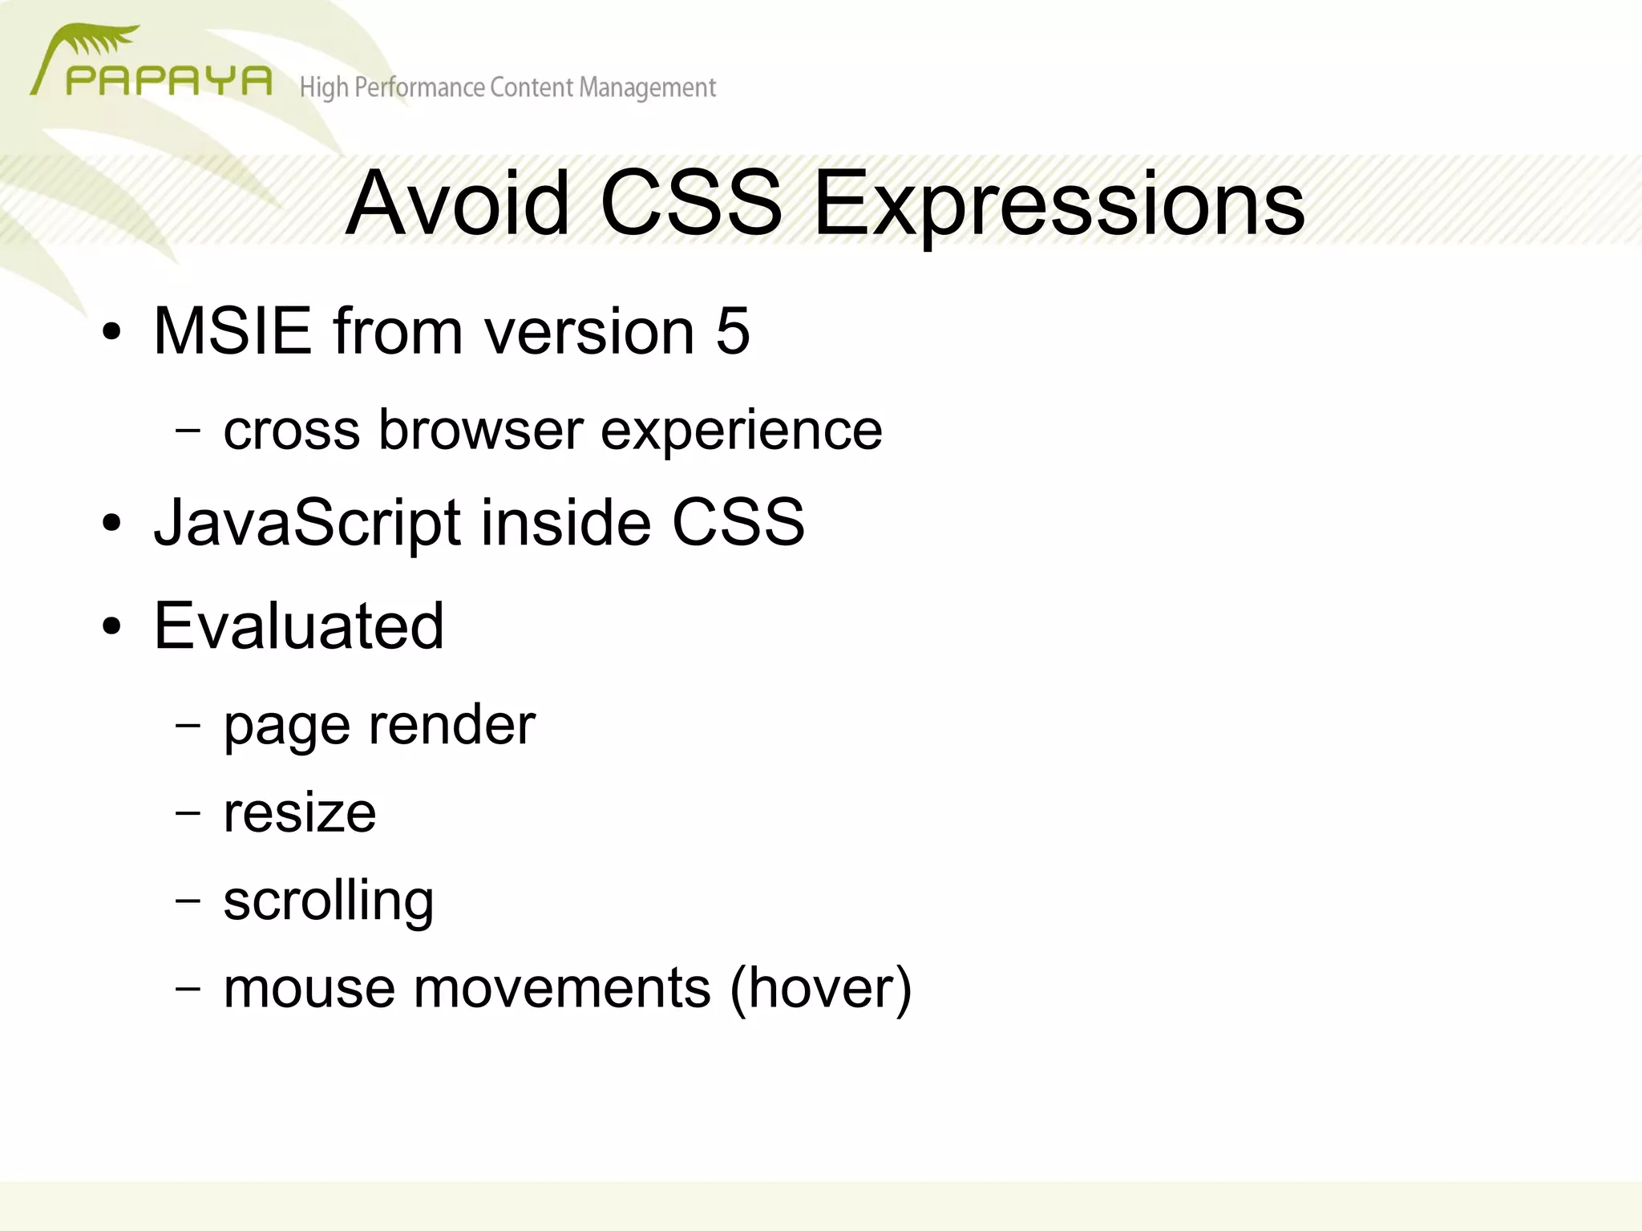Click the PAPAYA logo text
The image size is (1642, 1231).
click(x=168, y=81)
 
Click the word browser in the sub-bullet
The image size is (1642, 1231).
click(x=480, y=430)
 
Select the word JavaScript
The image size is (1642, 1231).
click(x=308, y=523)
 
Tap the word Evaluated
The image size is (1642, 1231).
click(x=298, y=626)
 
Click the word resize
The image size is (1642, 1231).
click(x=299, y=813)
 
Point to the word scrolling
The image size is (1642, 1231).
click(x=328, y=901)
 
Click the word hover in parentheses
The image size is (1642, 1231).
click(x=819, y=988)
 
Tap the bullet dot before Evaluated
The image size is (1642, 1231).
click(x=112, y=626)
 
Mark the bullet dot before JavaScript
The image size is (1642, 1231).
click(x=112, y=524)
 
